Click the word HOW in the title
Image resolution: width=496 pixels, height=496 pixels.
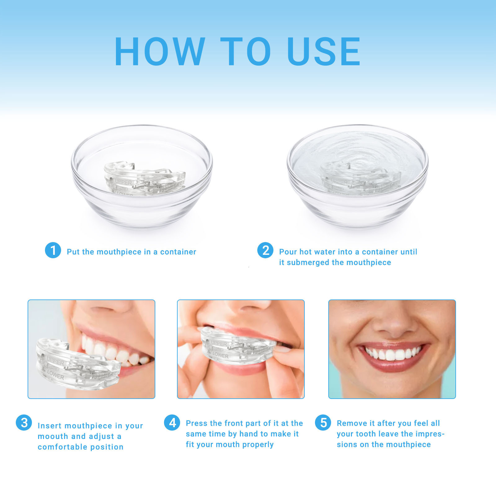coord(160,51)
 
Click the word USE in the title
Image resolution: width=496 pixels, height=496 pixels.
coord(324,51)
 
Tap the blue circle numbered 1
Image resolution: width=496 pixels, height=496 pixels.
coord(53,250)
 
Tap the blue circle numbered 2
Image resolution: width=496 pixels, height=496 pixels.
coord(265,250)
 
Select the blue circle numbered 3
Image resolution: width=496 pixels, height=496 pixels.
coord(24,423)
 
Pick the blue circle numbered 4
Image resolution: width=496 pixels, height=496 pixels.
coord(172,423)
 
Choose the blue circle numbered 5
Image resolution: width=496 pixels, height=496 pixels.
coord(323,423)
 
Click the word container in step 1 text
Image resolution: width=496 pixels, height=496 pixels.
coord(178,252)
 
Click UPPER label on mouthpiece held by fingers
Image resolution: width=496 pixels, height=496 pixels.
coord(219,343)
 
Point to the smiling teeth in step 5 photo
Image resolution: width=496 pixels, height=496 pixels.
coord(393,353)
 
